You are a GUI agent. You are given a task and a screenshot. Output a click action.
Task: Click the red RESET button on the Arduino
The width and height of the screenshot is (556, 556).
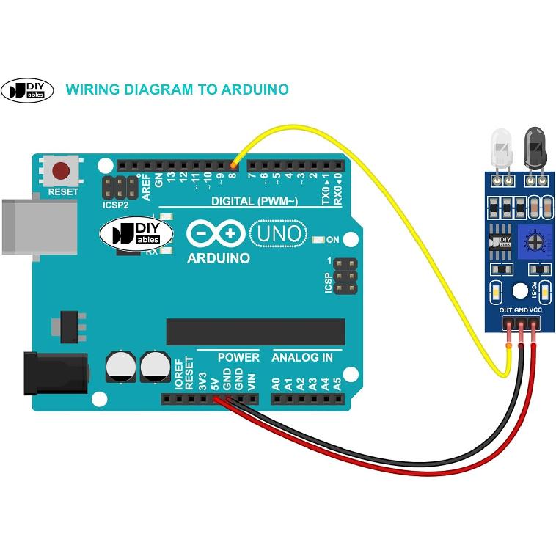pyautogui.click(x=61, y=172)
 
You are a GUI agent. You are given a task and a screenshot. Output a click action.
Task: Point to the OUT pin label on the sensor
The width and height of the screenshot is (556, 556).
pyautogui.click(x=506, y=310)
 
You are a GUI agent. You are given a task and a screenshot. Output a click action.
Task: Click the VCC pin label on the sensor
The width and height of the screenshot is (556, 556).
pyautogui.click(x=535, y=310)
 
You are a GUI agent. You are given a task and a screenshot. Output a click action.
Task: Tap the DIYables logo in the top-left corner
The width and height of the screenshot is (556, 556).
pyautogui.click(x=27, y=89)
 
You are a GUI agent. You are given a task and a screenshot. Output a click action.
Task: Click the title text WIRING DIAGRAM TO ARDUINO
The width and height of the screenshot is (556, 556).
pyautogui.click(x=177, y=89)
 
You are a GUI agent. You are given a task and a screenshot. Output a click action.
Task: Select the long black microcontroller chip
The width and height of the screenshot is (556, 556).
pyautogui.click(x=255, y=332)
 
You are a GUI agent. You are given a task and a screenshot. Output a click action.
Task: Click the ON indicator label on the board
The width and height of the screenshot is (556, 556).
pyautogui.click(x=332, y=240)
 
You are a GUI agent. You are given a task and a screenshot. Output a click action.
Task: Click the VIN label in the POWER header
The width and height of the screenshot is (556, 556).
pyautogui.click(x=252, y=382)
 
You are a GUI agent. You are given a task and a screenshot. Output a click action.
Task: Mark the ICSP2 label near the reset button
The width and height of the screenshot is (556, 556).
pyautogui.click(x=115, y=205)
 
